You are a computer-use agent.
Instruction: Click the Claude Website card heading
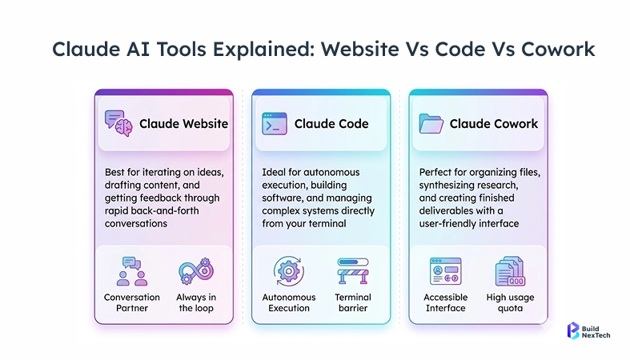click(x=183, y=123)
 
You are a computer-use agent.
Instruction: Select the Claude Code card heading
click(x=331, y=123)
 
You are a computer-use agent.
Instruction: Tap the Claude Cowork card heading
click(x=493, y=123)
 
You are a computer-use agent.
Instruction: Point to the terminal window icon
click(x=275, y=123)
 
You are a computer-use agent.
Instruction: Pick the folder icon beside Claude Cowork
click(x=431, y=123)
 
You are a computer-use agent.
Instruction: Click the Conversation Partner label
click(x=132, y=302)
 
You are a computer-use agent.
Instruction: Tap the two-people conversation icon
click(x=132, y=271)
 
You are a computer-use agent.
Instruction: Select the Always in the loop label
click(x=197, y=302)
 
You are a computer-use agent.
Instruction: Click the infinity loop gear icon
click(x=197, y=270)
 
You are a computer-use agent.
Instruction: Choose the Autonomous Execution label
click(x=289, y=302)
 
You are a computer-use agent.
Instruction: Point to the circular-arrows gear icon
click(x=289, y=270)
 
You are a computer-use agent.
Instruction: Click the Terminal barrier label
click(x=353, y=302)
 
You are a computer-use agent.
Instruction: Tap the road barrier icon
click(x=353, y=271)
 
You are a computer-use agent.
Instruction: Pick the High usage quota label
click(x=510, y=302)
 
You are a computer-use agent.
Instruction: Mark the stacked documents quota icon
click(x=510, y=271)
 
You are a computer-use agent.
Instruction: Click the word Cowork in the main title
click(x=552, y=49)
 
